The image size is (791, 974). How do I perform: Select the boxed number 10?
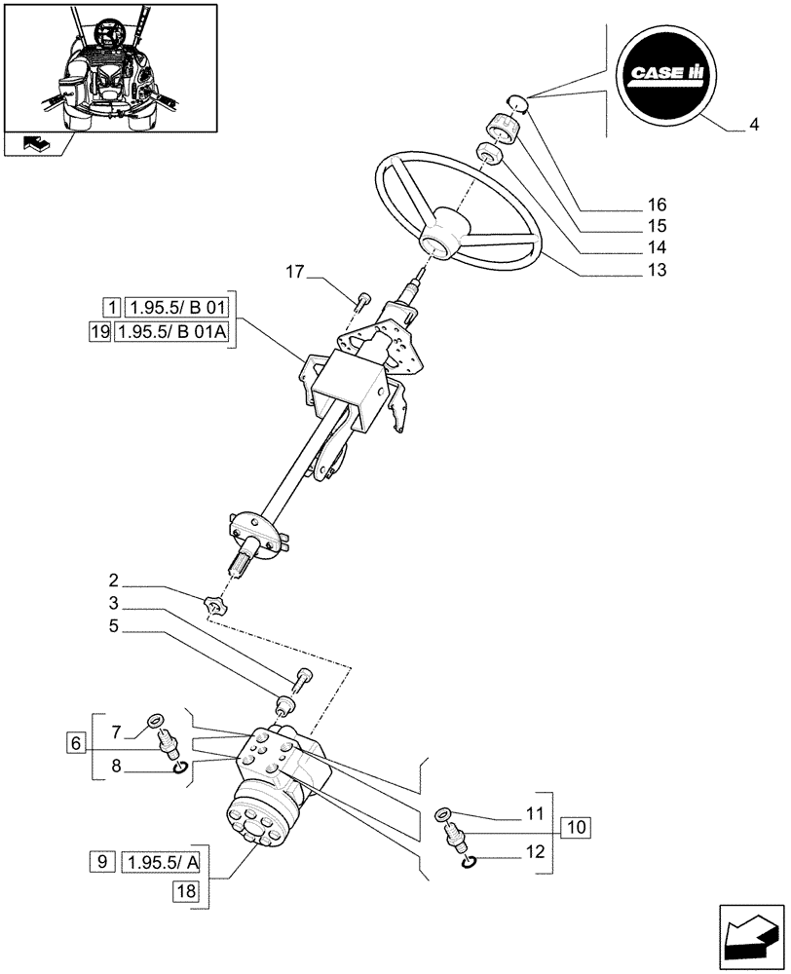[x=576, y=829]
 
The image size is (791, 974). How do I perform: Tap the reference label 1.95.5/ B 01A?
[x=170, y=332]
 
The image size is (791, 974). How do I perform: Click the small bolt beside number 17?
[x=362, y=299]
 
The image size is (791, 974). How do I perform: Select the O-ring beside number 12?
[x=468, y=861]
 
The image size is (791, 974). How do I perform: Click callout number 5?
[x=114, y=628]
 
